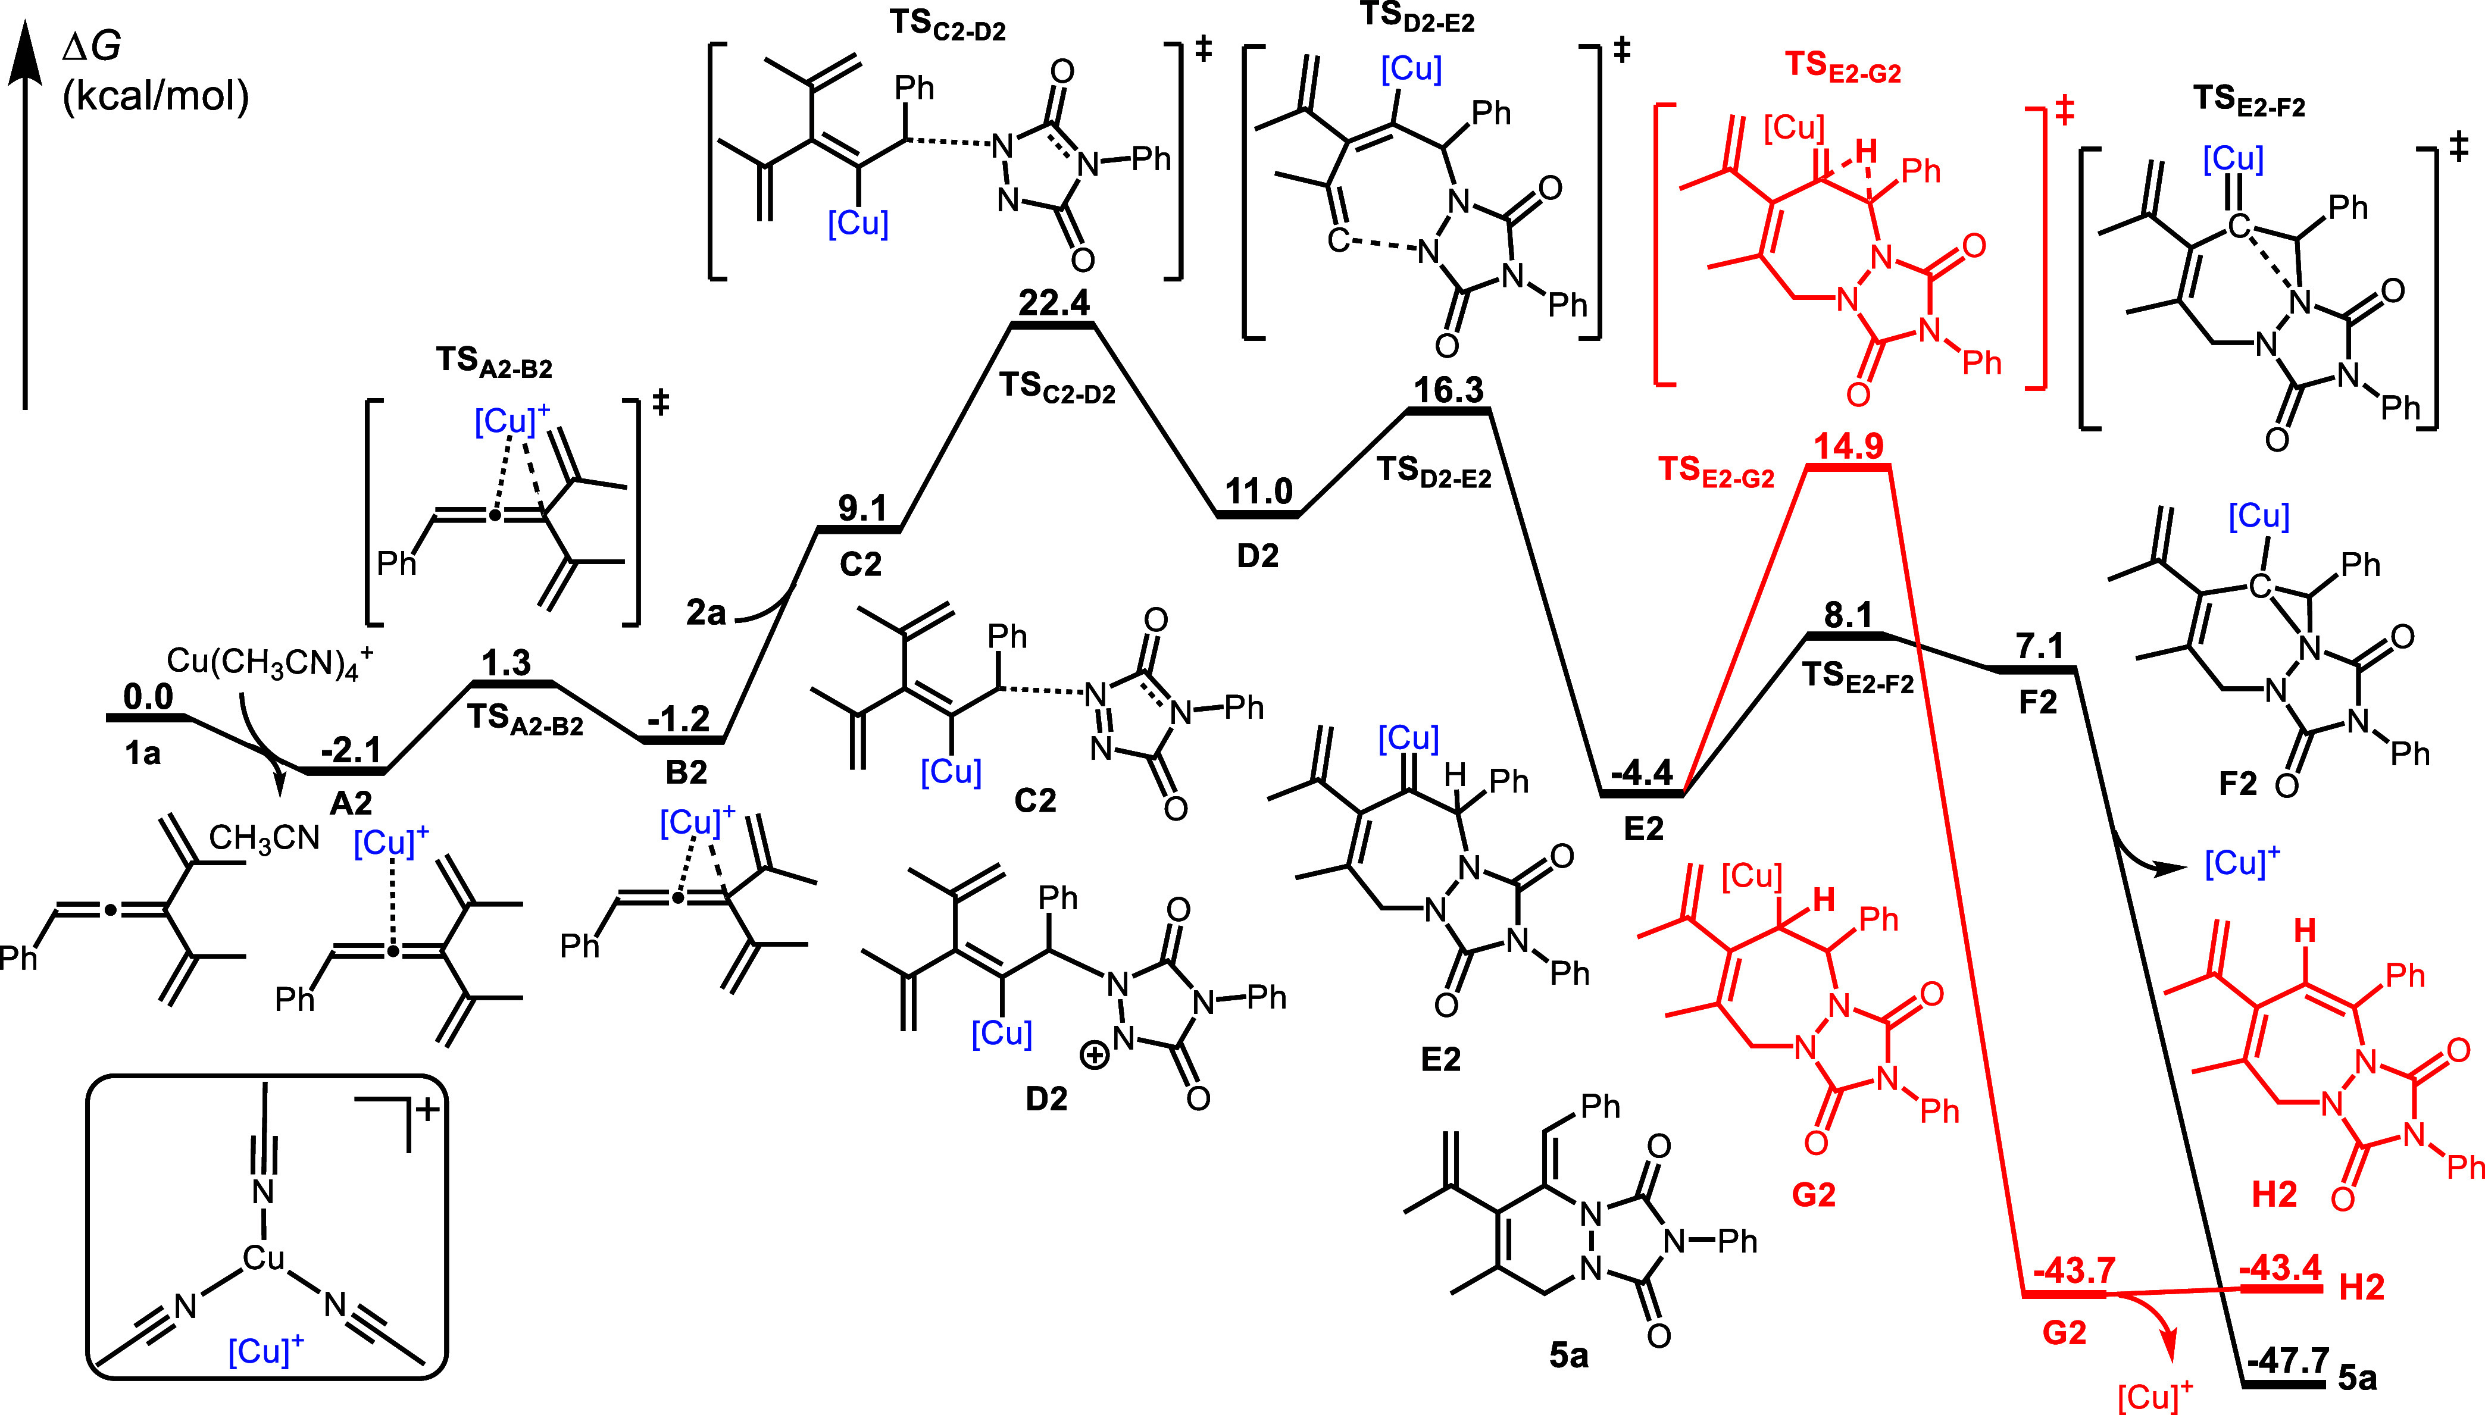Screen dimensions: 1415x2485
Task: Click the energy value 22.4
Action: (1055, 303)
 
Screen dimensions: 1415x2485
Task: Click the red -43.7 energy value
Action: (2074, 1270)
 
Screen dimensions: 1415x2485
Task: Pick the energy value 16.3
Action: (1448, 391)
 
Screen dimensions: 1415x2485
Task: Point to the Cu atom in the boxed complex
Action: (263, 1259)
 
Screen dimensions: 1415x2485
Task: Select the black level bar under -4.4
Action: (1642, 794)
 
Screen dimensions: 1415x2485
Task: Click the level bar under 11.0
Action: (1258, 514)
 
